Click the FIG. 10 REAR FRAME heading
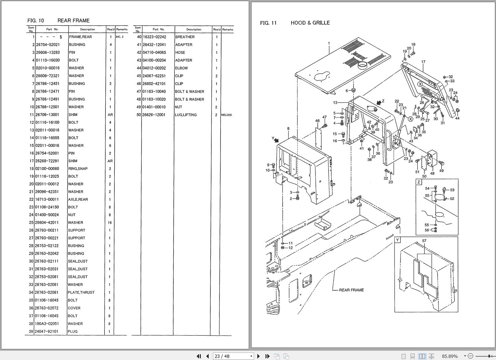(x=59, y=21)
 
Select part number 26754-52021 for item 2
(x=48, y=45)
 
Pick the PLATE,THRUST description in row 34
(x=81, y=292)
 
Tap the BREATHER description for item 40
(x=185, y=37)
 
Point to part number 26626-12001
(x=154, y=115)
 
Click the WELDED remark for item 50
(x=226, y=115)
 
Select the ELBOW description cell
(x=181, y=68)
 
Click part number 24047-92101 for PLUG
(x=47, y=331)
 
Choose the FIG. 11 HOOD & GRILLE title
(x=295, y=23)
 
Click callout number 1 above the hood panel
(x=329, y=44)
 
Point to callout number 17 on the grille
(x=423, y=62)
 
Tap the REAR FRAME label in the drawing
(x=351, y=290)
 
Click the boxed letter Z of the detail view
(x=419, y=182)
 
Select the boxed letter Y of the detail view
(x=398, y=240)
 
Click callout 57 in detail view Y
(x=424, y=241)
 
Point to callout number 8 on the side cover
(x=288, y=129)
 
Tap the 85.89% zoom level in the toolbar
(x=450, y=356)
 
